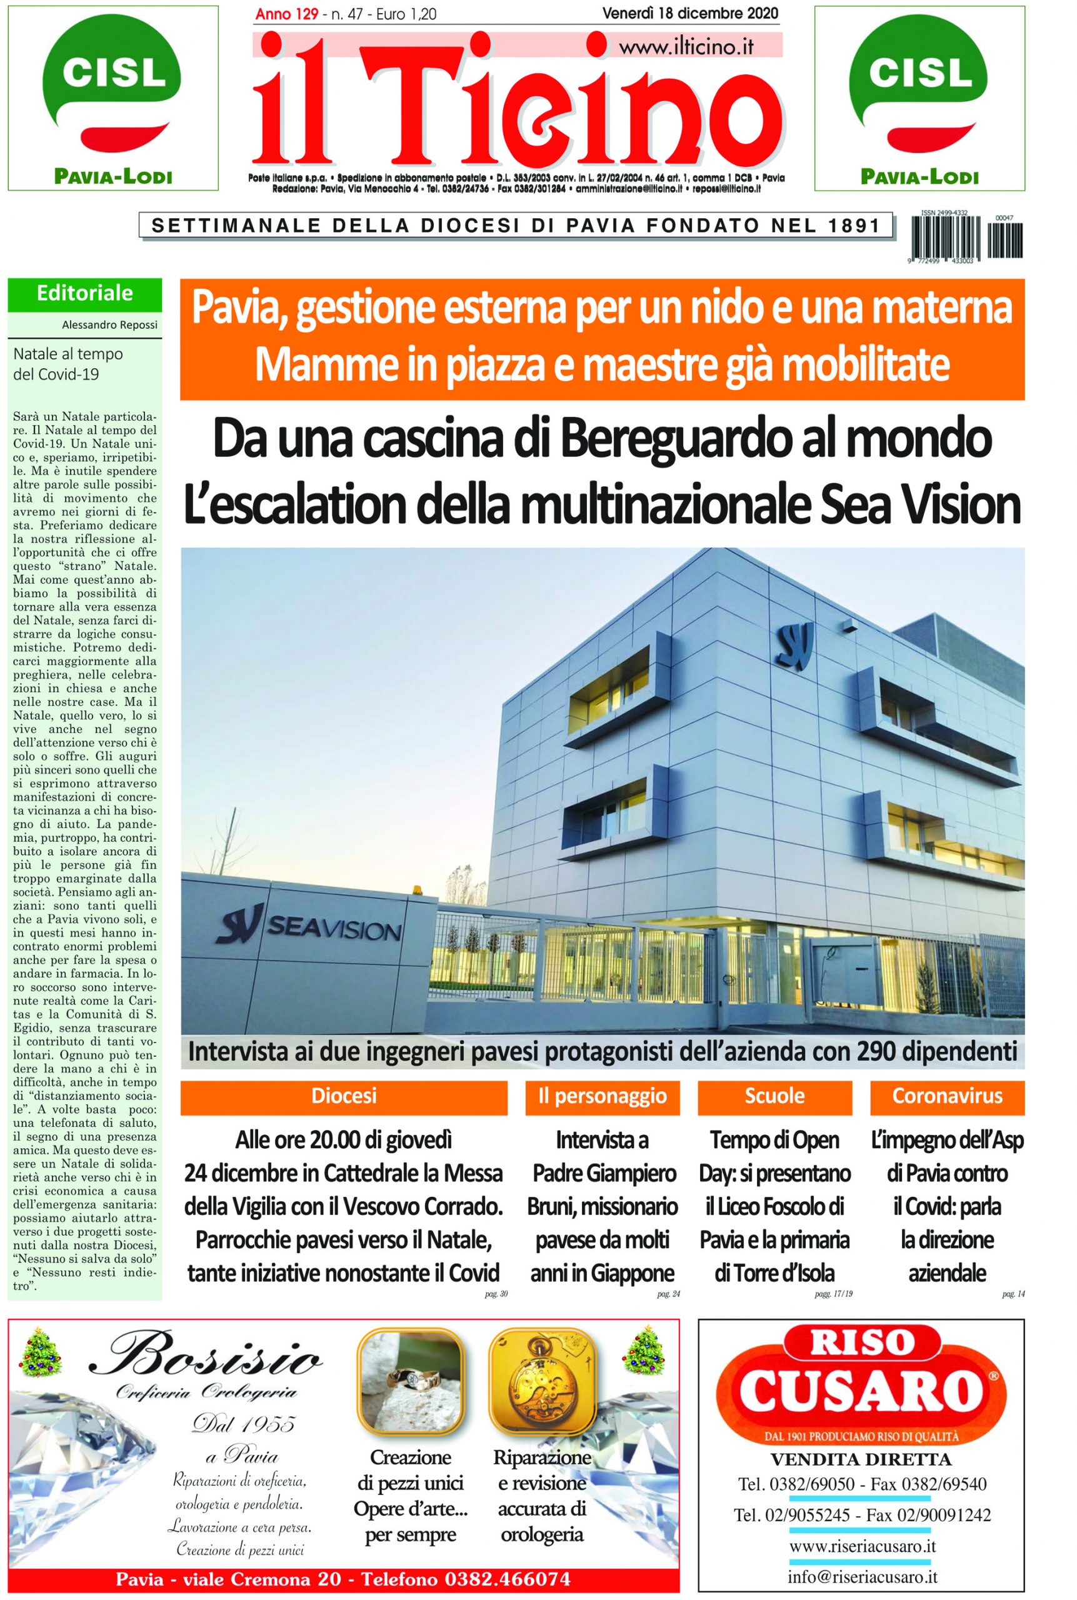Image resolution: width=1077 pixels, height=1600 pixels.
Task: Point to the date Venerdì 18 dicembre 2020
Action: (x=689, y=13)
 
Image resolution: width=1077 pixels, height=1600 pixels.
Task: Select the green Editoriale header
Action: (x=84, y=294)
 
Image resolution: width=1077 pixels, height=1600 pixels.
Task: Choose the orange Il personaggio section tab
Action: (x=602, y=1096)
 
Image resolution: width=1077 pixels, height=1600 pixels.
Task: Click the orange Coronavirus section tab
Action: (x=946, y=1096)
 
